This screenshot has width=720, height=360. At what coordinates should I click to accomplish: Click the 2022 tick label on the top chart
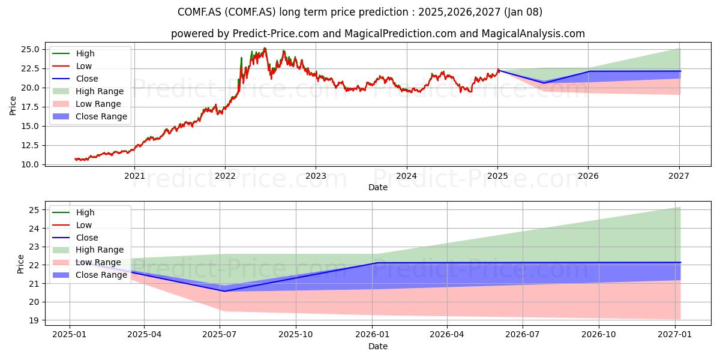click(225, 176)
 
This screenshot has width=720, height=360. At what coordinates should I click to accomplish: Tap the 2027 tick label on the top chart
click(679, 176)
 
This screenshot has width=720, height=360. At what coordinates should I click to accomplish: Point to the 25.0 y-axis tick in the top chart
click(30, 49)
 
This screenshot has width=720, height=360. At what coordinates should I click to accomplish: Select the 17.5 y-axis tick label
click(30, 107)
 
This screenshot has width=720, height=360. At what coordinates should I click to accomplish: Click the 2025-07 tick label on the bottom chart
click(220, 334)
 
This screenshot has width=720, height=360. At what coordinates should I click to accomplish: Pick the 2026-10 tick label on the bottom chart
click(599, 334)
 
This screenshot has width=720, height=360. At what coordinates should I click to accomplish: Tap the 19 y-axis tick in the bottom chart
click(34, 320)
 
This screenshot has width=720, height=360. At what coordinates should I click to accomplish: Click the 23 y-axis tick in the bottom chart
click(34, 247)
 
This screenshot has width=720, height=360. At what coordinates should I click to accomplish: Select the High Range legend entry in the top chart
click(88, 91)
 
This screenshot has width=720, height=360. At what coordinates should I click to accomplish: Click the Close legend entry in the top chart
click(75, 79)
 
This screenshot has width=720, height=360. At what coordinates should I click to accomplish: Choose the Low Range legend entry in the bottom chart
click(87, 262)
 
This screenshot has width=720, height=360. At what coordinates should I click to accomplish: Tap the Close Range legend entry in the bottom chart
click(89, 275)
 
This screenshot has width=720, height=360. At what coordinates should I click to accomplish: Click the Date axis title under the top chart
click(377, 187)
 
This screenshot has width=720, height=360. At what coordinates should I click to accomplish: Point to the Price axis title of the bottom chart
click(20, 264)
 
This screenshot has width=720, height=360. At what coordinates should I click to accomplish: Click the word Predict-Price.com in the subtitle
click(276, 34)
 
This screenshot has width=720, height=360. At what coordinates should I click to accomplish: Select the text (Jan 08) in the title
click(523, 12)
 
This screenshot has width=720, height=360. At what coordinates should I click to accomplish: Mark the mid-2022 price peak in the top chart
click(265, 49)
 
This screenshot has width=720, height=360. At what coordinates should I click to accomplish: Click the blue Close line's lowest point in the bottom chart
click(224, 291)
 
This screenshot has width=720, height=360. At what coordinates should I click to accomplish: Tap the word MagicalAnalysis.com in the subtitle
click(533, 34)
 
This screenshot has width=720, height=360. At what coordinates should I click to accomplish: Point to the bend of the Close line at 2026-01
click(377, 263)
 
